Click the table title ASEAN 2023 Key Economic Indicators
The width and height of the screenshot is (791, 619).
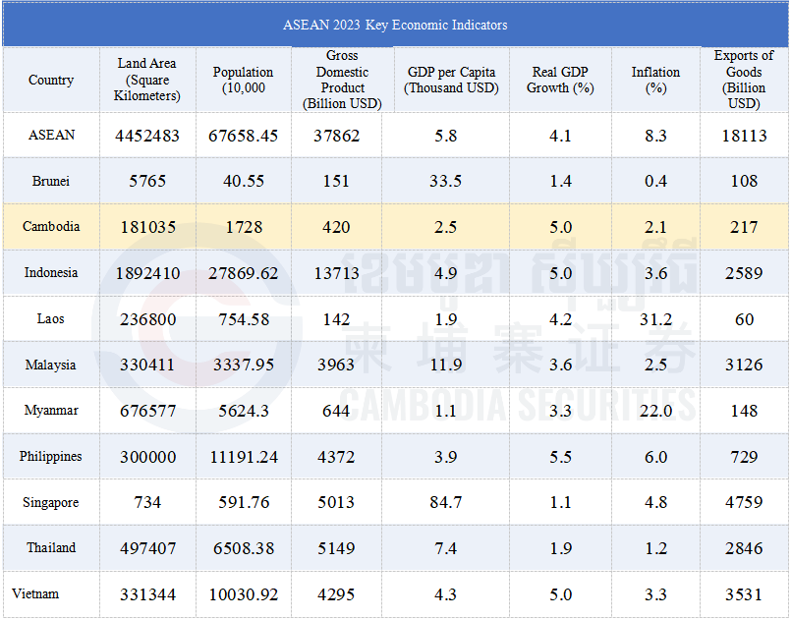(x=395, y=25)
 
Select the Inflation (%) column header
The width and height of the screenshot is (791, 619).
(x=655, y=80)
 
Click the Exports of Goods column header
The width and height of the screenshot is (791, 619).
(x=744, y=80)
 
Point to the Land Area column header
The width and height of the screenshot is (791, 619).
(x=146, y=80)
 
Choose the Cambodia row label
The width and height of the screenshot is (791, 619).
(x=51, y=226)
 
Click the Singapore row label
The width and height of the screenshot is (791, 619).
(x=51, y=502)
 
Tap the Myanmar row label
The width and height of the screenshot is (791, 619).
(x=51, y=411)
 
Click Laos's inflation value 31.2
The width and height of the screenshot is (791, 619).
(x=655, y=319)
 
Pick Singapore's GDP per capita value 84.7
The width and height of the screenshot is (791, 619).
(x=446, y=503)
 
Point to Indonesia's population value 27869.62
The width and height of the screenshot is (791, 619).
(x=243, y=273)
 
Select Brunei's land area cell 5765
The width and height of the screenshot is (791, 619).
(x=146, y=181)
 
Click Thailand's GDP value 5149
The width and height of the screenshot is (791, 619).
(x=336, y=548)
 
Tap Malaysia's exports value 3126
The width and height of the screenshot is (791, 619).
(x=744, y=366)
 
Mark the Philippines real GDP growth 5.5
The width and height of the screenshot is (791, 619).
(x=560, y=457)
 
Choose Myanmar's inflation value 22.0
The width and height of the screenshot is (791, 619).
(x=655, y=411)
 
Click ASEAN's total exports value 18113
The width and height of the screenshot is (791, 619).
(x=744, y=136)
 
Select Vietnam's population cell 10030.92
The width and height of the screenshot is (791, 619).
(x=243, y=594)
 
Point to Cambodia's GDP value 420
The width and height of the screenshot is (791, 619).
(x=336, y=227)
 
